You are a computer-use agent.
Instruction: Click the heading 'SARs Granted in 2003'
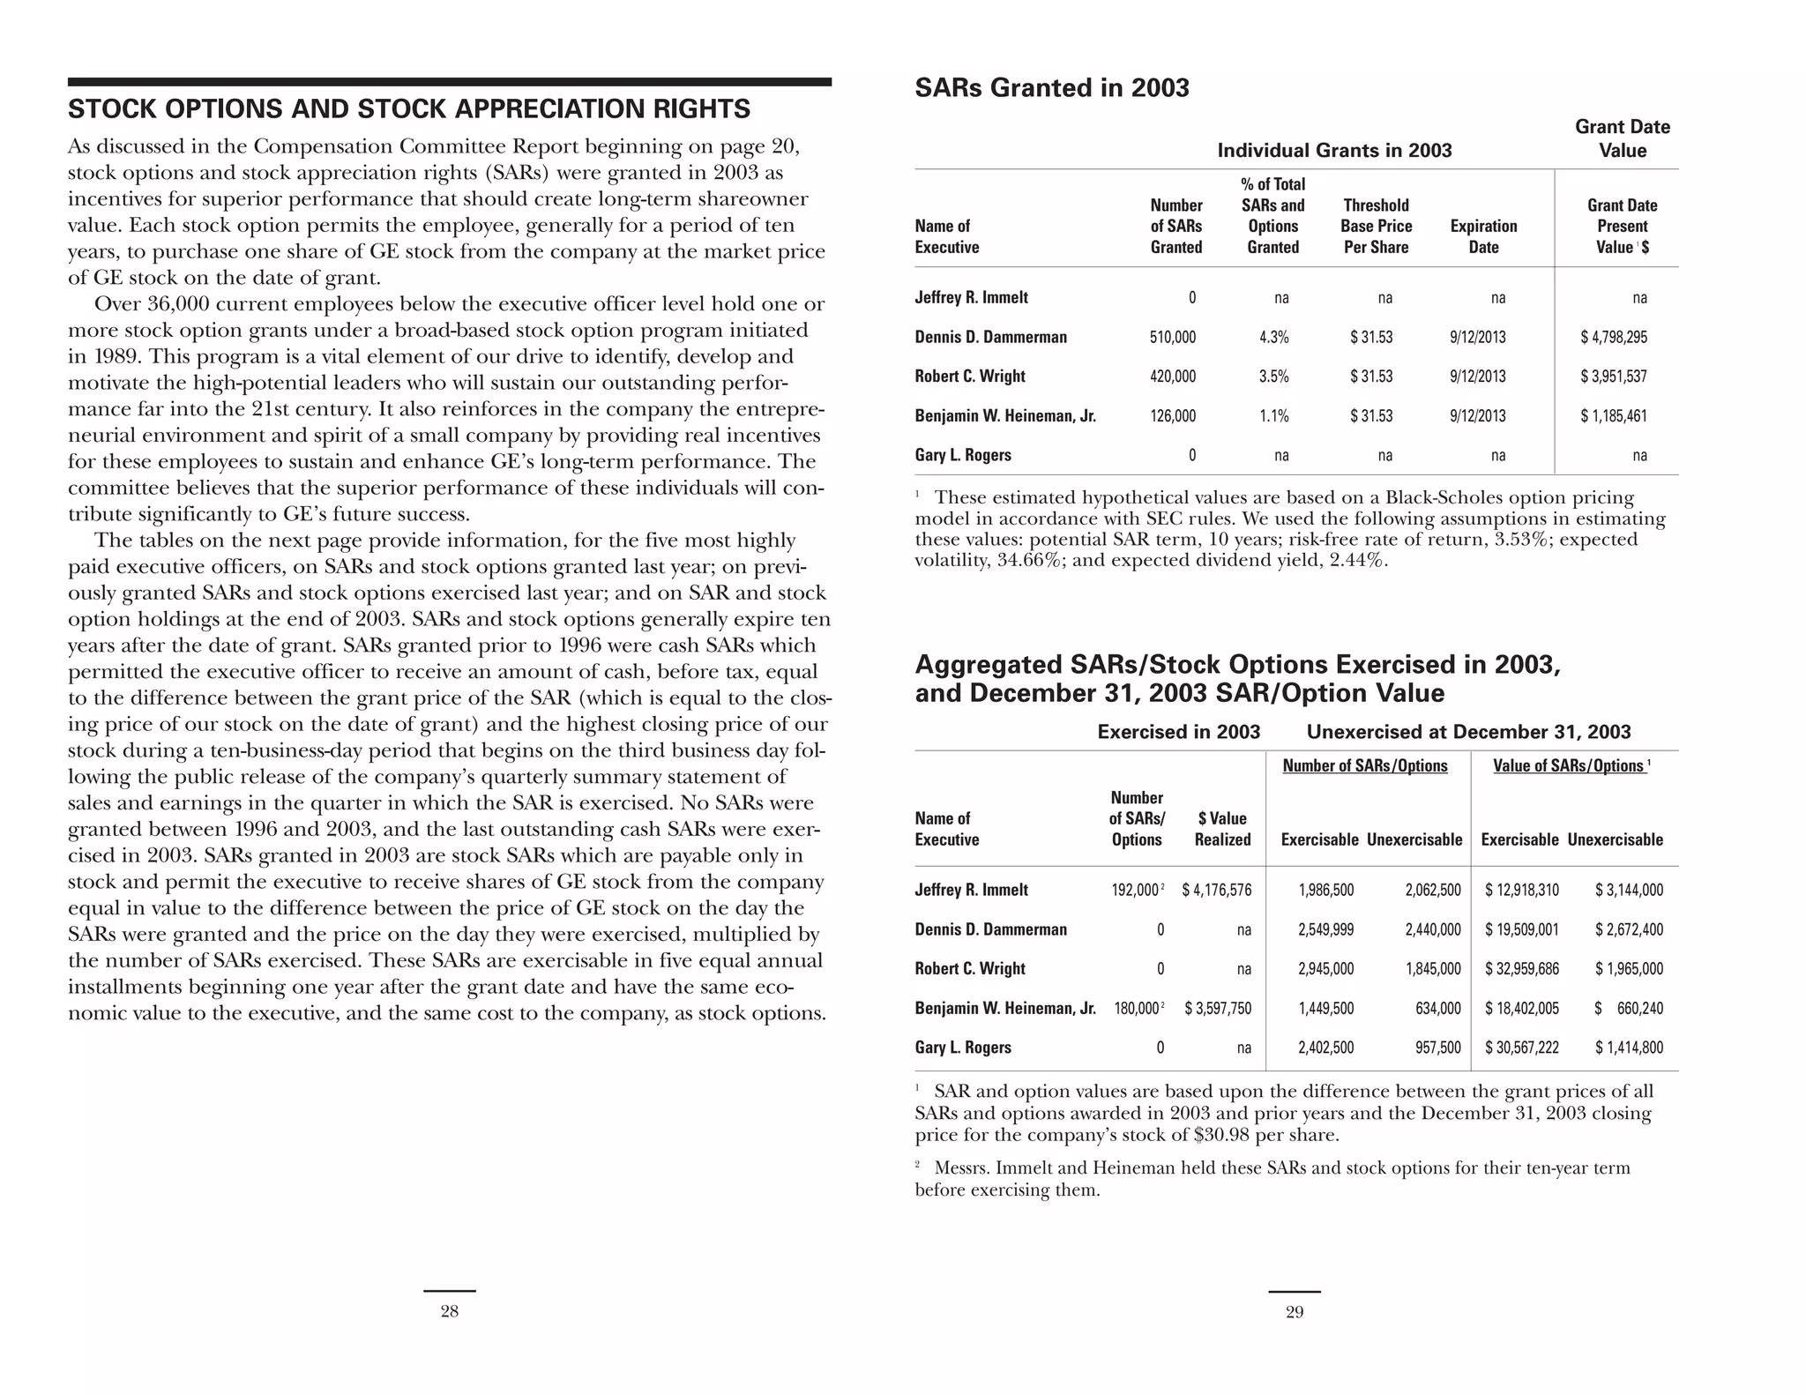coord(1051,88)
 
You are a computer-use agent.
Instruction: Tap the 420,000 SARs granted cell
coord(1172,377)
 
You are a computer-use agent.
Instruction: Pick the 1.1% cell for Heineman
coord(1273,416)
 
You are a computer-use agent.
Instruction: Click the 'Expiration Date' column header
coord(1483,236)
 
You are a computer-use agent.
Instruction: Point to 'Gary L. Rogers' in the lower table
coord(963,1048)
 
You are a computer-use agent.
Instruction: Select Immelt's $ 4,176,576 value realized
coord(1216,890)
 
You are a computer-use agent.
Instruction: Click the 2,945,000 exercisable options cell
coord(1325,969)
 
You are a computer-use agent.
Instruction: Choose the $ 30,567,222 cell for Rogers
coord(1521,1048)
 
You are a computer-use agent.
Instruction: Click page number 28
coord(449,1312)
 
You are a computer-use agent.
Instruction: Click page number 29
coord(1295,1312)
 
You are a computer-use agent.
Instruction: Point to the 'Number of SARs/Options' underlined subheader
coord(1364,765)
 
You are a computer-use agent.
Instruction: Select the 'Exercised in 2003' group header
coord(1178,732)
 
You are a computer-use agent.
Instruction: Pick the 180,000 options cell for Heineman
coord(1138,1009)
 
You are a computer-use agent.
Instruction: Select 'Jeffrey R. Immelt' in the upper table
coord(971,298)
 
